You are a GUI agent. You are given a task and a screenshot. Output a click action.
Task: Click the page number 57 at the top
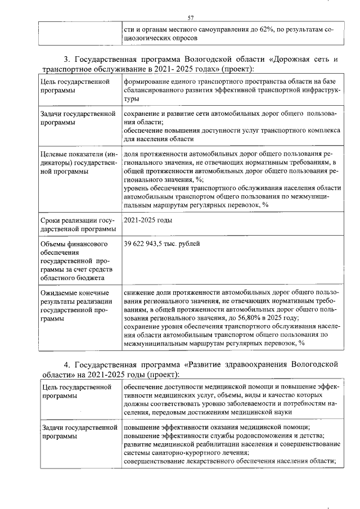[x=191, y=18]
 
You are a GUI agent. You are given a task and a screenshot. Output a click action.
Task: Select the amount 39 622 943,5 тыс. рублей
[x=161, y=244]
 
